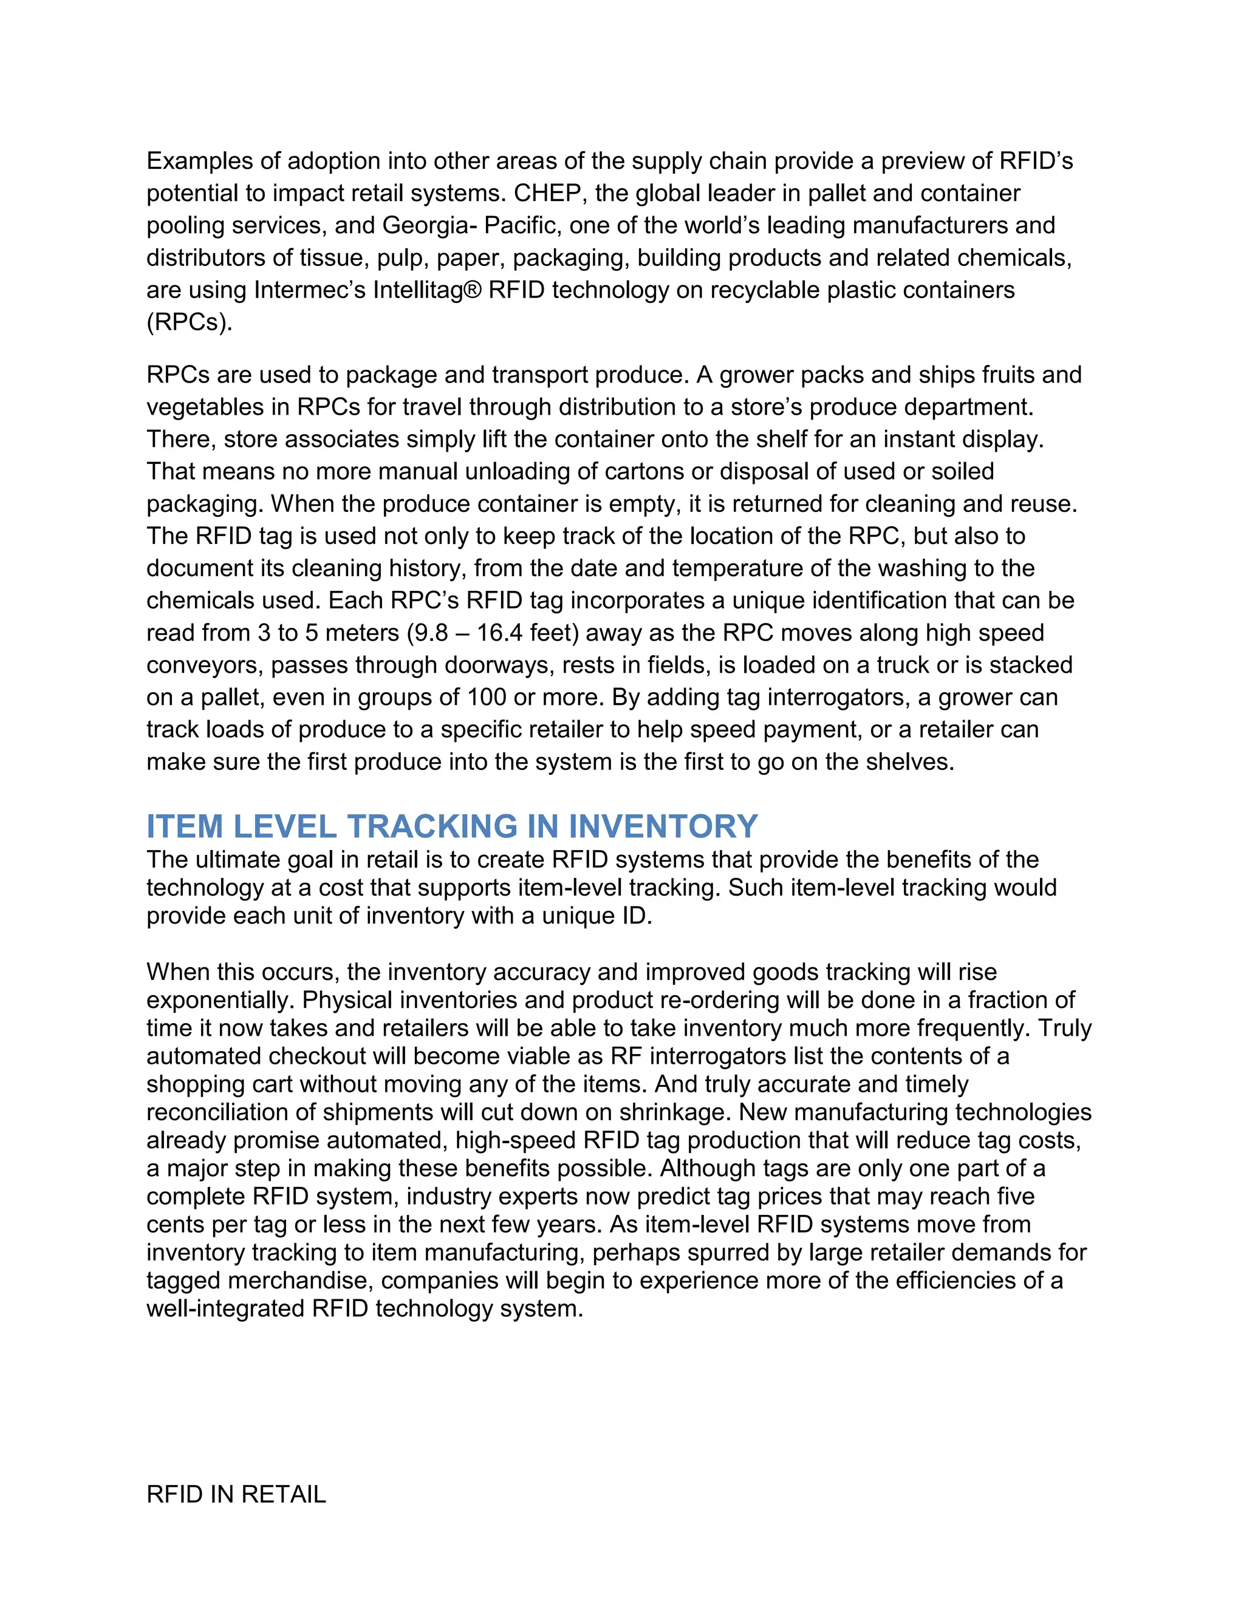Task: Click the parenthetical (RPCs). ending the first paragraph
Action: [190, 322]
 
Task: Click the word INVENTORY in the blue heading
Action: [663, 826]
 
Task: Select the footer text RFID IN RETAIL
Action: [236, 1494]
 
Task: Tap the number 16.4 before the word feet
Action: [502, 633]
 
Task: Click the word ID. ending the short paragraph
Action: [635, 916]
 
